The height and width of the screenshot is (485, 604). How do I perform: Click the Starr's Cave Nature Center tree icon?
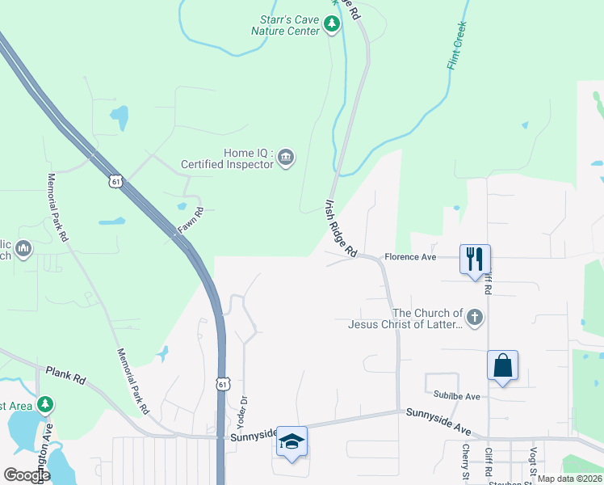tap(332, 25)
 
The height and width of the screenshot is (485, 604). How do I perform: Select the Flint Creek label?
tap(457, 45)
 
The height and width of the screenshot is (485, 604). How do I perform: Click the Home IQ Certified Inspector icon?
tap(285, 158)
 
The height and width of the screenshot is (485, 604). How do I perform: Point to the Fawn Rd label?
tap(190, 221)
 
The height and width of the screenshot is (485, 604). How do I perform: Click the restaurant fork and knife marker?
tap(475, 259)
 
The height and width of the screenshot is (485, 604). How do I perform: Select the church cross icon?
tap(476, 318)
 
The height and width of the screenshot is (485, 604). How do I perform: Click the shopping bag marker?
tap(502, 365)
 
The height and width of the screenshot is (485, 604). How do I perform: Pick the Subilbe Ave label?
tap(456, 396)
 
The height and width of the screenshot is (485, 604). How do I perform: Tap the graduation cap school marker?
tap(292, 441)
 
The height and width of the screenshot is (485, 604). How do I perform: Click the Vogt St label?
tap(534, 461)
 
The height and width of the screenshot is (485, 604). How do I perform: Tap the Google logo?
tap(27, 474)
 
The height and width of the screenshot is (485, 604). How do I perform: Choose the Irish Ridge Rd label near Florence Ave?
tap(341, 229)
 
